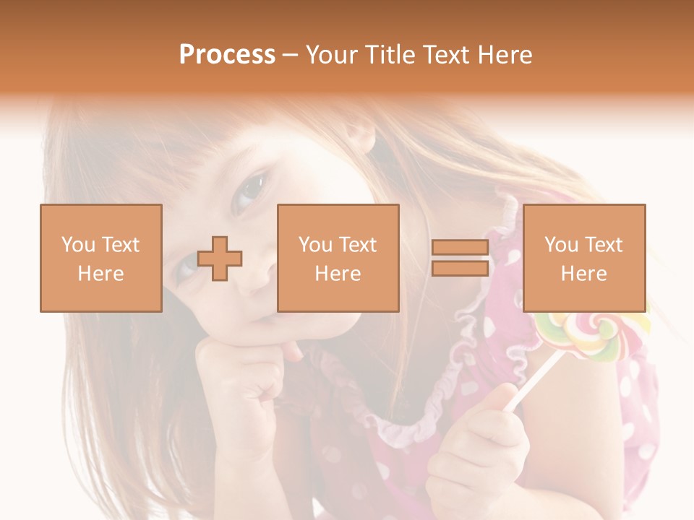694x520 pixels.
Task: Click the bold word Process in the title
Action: tap(227, 55)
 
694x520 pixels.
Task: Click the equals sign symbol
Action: tap(460, 259)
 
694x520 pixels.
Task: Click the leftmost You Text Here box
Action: tap(101, 259)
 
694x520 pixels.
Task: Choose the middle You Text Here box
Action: tap(338, 259)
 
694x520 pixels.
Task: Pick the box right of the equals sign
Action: tap(583, 259)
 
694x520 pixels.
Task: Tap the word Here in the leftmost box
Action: tap(101, 274)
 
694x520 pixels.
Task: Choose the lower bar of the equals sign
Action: tap(460, 269)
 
